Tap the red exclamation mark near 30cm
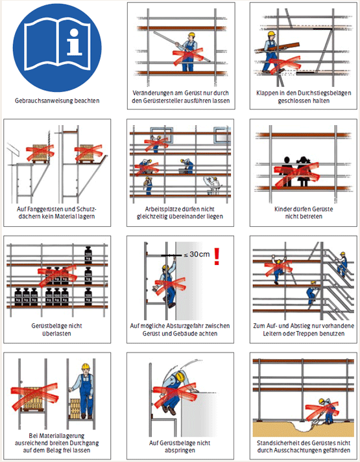(217, 257)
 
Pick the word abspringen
(180, 450)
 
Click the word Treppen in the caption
(307, 334)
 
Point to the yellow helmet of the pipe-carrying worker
(191, 35)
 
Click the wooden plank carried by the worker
(277, 48)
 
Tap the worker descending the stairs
(342, 264)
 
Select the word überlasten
(56, 334)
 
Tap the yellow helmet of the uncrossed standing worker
(85, 366)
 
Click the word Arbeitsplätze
(164, 209)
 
